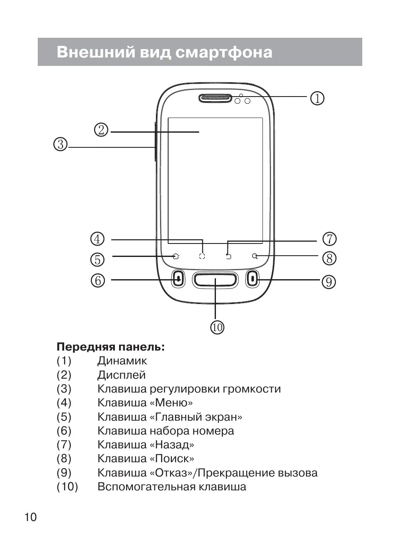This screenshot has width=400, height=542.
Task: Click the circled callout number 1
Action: (317, 98)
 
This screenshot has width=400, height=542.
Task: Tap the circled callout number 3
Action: (60, 144)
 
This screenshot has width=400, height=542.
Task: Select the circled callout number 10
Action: (217, 327)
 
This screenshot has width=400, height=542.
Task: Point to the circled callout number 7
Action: (330, 239)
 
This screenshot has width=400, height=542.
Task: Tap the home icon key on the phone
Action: (176, 256)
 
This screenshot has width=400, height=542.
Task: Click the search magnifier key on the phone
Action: (255, 256)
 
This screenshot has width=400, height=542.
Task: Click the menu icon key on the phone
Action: (203, 256)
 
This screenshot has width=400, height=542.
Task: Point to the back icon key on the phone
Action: (229, 256)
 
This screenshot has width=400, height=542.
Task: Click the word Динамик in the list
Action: (122, 361)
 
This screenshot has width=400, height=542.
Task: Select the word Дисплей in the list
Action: (122, 375)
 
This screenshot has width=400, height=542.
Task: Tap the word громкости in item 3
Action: (252, 389)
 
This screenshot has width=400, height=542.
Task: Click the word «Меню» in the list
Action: (171, 403)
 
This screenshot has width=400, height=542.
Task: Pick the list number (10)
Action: (68, 487)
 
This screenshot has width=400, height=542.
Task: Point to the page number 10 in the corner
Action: (31, 517)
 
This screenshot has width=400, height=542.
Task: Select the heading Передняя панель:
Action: (111, 347)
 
